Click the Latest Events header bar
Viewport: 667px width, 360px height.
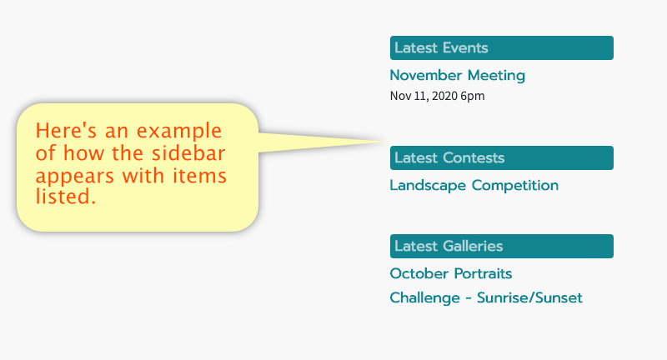point(502,47)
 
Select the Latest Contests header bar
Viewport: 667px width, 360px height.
point(502,157)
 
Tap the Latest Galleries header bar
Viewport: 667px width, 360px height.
point(502,246)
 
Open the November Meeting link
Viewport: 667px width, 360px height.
point(457,75)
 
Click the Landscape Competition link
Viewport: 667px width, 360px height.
point(474,186)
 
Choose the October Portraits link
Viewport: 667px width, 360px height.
point(451,273)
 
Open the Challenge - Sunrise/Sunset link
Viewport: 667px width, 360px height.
point(486,297)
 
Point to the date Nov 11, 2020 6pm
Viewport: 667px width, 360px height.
point(437,96)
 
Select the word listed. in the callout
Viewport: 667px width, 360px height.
point(66,197)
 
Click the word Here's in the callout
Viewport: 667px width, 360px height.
point(66,130)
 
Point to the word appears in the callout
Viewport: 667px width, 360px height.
point(75,177)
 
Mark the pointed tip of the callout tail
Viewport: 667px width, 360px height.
point(384,142)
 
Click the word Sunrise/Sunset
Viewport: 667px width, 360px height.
point(529,297)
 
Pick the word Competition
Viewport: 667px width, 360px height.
point(515,186)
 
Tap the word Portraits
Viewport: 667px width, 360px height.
point(482,273)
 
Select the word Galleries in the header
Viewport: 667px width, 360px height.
point(473,246)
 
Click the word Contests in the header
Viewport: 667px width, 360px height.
point(474,157)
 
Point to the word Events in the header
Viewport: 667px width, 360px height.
point(465,47)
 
